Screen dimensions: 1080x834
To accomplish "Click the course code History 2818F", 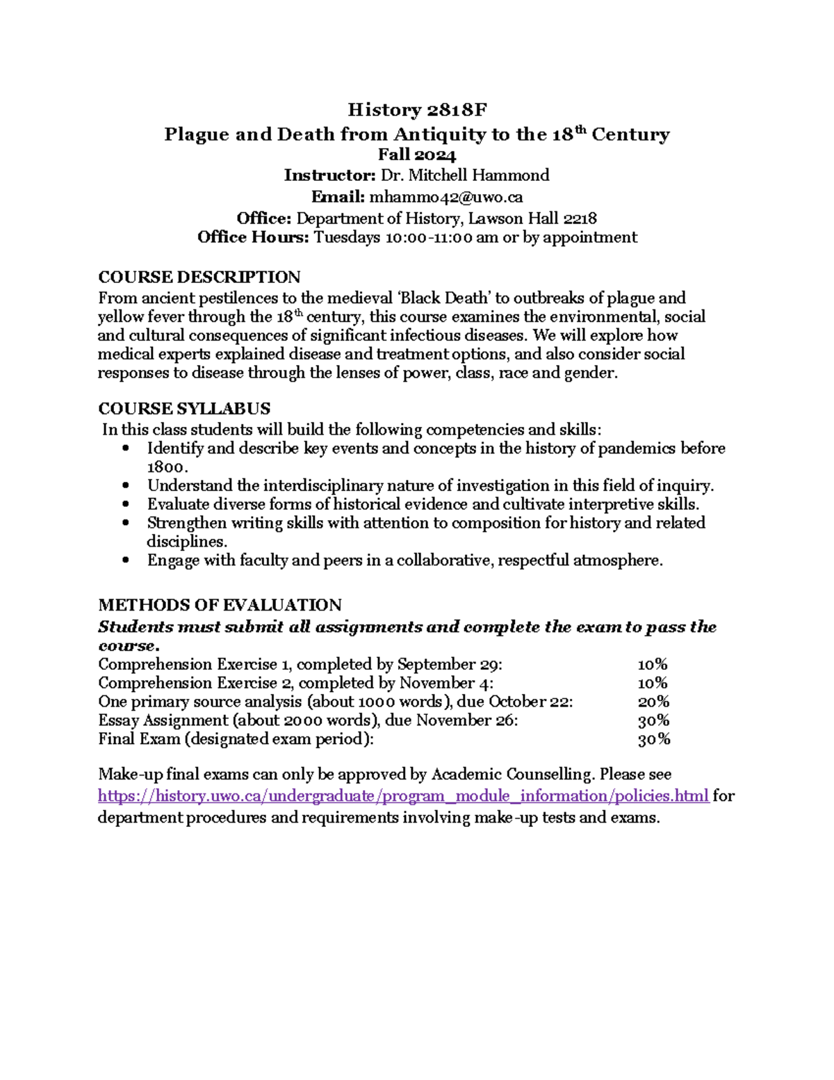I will pyautogui.click(x=417, y=110).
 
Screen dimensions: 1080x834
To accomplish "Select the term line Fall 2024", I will pyautogui.click(x=417, y=154).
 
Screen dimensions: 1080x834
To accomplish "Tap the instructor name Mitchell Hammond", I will pyautogui.click(x=479, y=175).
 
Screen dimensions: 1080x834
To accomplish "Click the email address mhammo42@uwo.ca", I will pyautogui.click(x=446, y=197).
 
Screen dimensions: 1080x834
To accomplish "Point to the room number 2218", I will pyautogui.click(x=580, y=218).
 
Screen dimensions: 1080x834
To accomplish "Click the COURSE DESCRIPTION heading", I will pyautogui.click(x=199, y=277).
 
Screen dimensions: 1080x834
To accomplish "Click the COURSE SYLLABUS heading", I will pyautogui.click(x=184, y=408).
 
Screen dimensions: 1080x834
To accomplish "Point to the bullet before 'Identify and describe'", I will pyautogui.click(x=125, y=449).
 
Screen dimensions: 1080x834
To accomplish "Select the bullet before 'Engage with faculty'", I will pyautogui.click(x=125, y=561).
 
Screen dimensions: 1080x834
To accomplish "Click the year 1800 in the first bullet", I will pyautogui.click(x=167, y=467).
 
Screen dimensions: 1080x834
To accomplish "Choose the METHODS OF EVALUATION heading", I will pyautogui.click(x=220, y=605).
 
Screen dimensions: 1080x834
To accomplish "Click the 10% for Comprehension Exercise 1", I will pyautogui.click(x=653, y=664).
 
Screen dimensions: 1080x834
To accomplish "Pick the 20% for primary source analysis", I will pyautogui.click(x=653, y=702).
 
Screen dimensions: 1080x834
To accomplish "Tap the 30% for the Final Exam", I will pyautogui.click(x=653, y=739).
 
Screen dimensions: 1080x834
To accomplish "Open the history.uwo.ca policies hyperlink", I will pyautogui.click(x=403, y=796).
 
